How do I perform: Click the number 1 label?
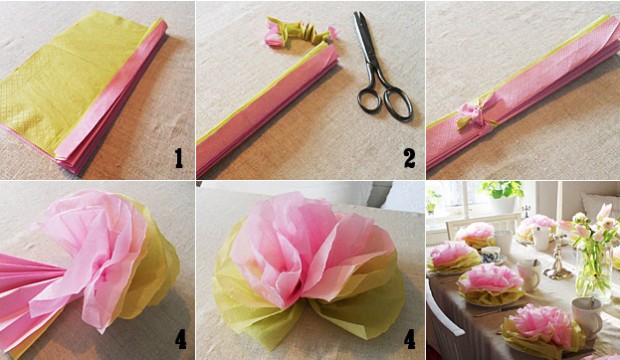coord(179,158)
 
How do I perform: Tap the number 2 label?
coord(409,158)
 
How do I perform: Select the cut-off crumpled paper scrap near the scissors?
coord(299,31)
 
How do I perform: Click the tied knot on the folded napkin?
coord(473,112)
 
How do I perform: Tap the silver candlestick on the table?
coord(558,257)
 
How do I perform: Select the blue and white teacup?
coord(490,254)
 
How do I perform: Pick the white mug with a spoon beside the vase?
coord(587,317)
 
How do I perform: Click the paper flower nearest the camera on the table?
coord(542,330)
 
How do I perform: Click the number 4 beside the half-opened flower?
coord(180,339)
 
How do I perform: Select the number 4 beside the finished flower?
coord(410,339)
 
